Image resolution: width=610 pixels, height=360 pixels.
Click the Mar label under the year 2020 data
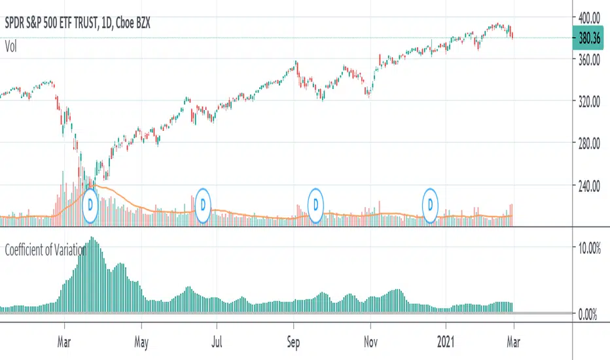pyautogui.click(x=64, y=341)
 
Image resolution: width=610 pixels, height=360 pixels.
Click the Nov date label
pyautogui.click(x=370, y=341)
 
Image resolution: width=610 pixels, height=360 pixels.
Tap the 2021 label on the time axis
pyautogui.click(x=446, y=341)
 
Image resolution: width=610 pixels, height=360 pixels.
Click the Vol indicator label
pyautogui.click(x=11, y=46)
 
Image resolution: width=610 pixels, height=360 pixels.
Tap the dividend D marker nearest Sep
pyautogui.click(x=317, y=204)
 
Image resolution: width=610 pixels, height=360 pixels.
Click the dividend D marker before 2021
pyautogui.click(x=431, y=204)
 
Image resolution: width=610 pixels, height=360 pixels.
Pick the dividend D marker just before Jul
pyautogui.click(x=203, y=204)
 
